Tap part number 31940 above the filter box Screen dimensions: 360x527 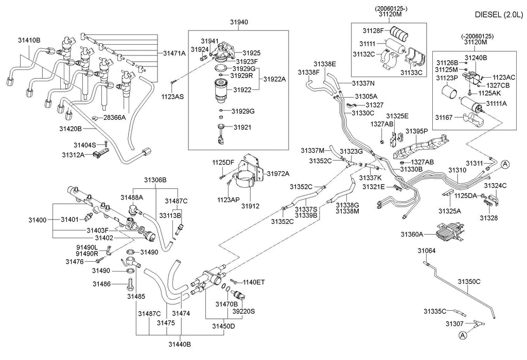click(x=238, y=23)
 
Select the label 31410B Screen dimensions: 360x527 click(x=29, y=40)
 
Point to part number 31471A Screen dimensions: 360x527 click(x=175, y=53)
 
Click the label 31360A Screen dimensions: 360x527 click(x=412, y=235)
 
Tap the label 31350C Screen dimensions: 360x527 click(x=469, y=281)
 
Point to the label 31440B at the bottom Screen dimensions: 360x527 click(x=180, y=344)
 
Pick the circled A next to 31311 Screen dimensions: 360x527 click(x=505, y=164)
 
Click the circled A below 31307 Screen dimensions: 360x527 click(x=462, y=335)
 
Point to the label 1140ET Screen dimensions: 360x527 click(x=254, y=282)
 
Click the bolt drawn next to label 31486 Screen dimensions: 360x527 click(x=130, y=283)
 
